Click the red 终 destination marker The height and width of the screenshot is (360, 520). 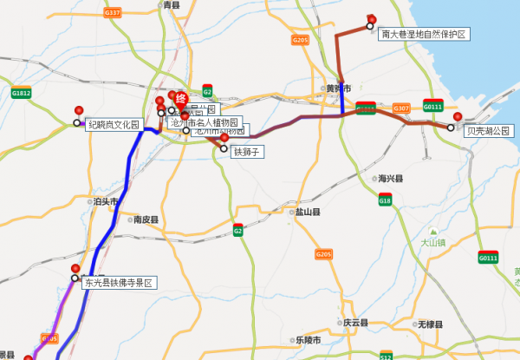pyautogui.click(x=181, y=99)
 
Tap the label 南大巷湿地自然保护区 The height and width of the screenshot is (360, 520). pyautogui.click(x=424, y=34)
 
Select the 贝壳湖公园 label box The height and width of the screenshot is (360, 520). pyautogui.click(x=489, y=131)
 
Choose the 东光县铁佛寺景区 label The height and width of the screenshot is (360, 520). pyautogui.click(x=119, y=283)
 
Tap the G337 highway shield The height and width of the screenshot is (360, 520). pyautogui.click(x=112, y=13)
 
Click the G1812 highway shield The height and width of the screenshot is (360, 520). pyautogui.click(x=22, y=93)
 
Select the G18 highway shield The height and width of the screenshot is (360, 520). pyautogui.click(x=385, y=200)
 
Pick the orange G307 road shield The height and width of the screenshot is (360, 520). pyautogui.click(x=400, y=108)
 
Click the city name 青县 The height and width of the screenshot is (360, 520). pyautogui.click(x=171, y=5)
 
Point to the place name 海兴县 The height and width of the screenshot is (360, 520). pyautogui.click(x=392, y=178)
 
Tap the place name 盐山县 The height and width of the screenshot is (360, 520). pyautogui.click(x=309, y=212)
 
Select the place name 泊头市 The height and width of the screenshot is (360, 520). pyautogui.click(x=105, y=200)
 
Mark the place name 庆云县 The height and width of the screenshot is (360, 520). pyautogui.click(x=355, y=322)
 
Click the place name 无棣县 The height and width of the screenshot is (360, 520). pyautogui.click(x=431, y=324)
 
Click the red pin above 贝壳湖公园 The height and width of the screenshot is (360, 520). pyautogui.click(x=457, y=117)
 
